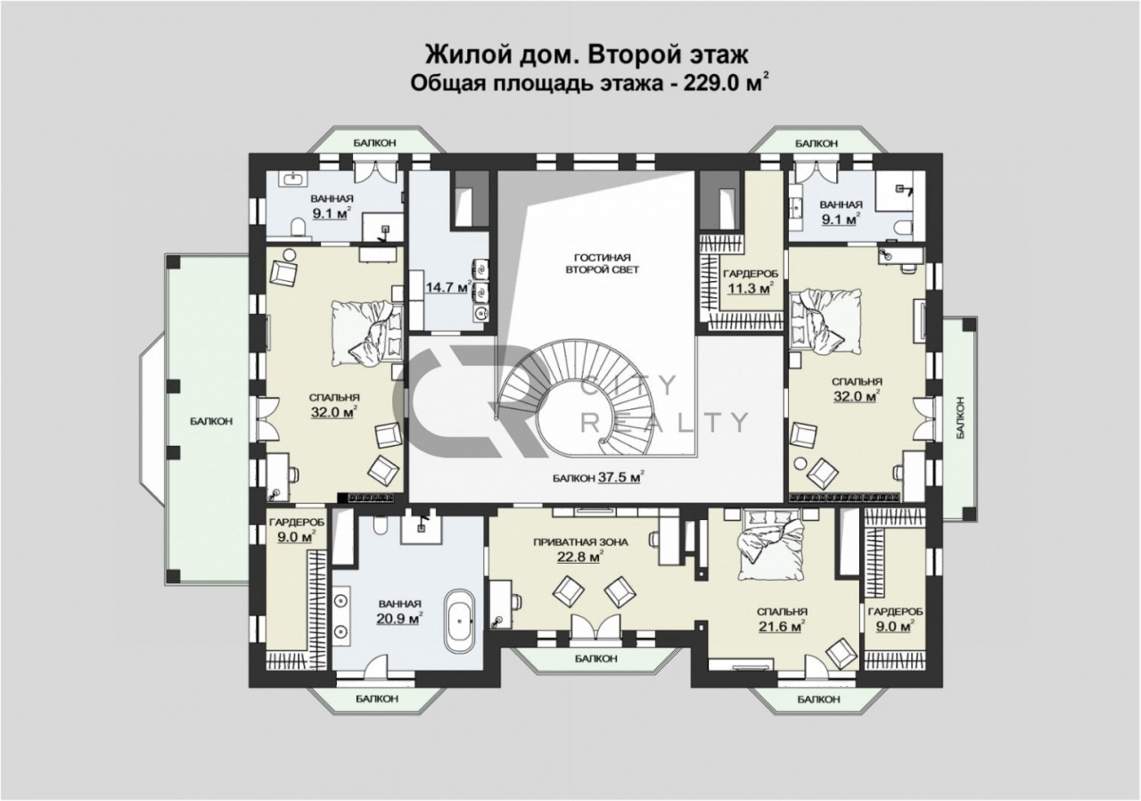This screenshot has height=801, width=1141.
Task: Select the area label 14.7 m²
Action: click(447, 287)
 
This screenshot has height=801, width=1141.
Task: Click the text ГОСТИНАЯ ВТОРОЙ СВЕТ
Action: click(602, 263)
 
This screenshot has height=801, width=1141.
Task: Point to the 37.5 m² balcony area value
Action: click(620, 477)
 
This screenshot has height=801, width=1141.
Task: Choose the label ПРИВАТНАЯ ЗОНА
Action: click(580, 542)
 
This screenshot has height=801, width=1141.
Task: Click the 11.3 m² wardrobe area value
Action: click(750, 289)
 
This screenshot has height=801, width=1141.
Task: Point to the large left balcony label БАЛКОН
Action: click(211, 421)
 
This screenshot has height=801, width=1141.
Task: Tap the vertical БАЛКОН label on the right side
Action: click(960, 417)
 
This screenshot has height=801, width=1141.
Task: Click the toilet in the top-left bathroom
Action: click(298, 227)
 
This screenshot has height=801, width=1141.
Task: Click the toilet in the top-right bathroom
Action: click(903, 228)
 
